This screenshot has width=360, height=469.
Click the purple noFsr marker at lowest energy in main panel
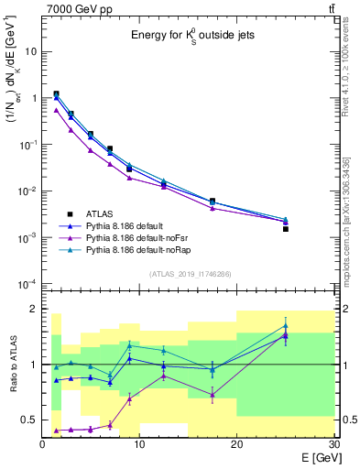coord(57,110)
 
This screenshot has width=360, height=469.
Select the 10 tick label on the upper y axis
coord(31,51)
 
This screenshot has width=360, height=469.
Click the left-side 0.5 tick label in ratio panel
coord(30,420)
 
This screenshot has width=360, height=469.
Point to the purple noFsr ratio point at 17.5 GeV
coord(213,395)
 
